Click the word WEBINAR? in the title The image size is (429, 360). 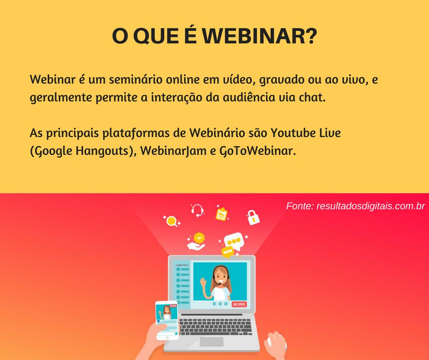pos(260,36)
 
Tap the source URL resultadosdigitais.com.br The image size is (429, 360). pos(371,206)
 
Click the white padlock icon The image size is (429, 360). pos(253,217)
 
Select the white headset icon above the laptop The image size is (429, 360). pos(197,211)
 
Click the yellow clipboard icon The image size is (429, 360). pos(222,214)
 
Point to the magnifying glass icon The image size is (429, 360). pos(172,221)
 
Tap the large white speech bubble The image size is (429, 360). pos(234,241)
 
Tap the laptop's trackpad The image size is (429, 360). pos(211,341)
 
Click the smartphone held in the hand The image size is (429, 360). pos(167,320)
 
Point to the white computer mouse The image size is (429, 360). pos(276,343)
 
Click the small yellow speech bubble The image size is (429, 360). pos(227,252)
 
